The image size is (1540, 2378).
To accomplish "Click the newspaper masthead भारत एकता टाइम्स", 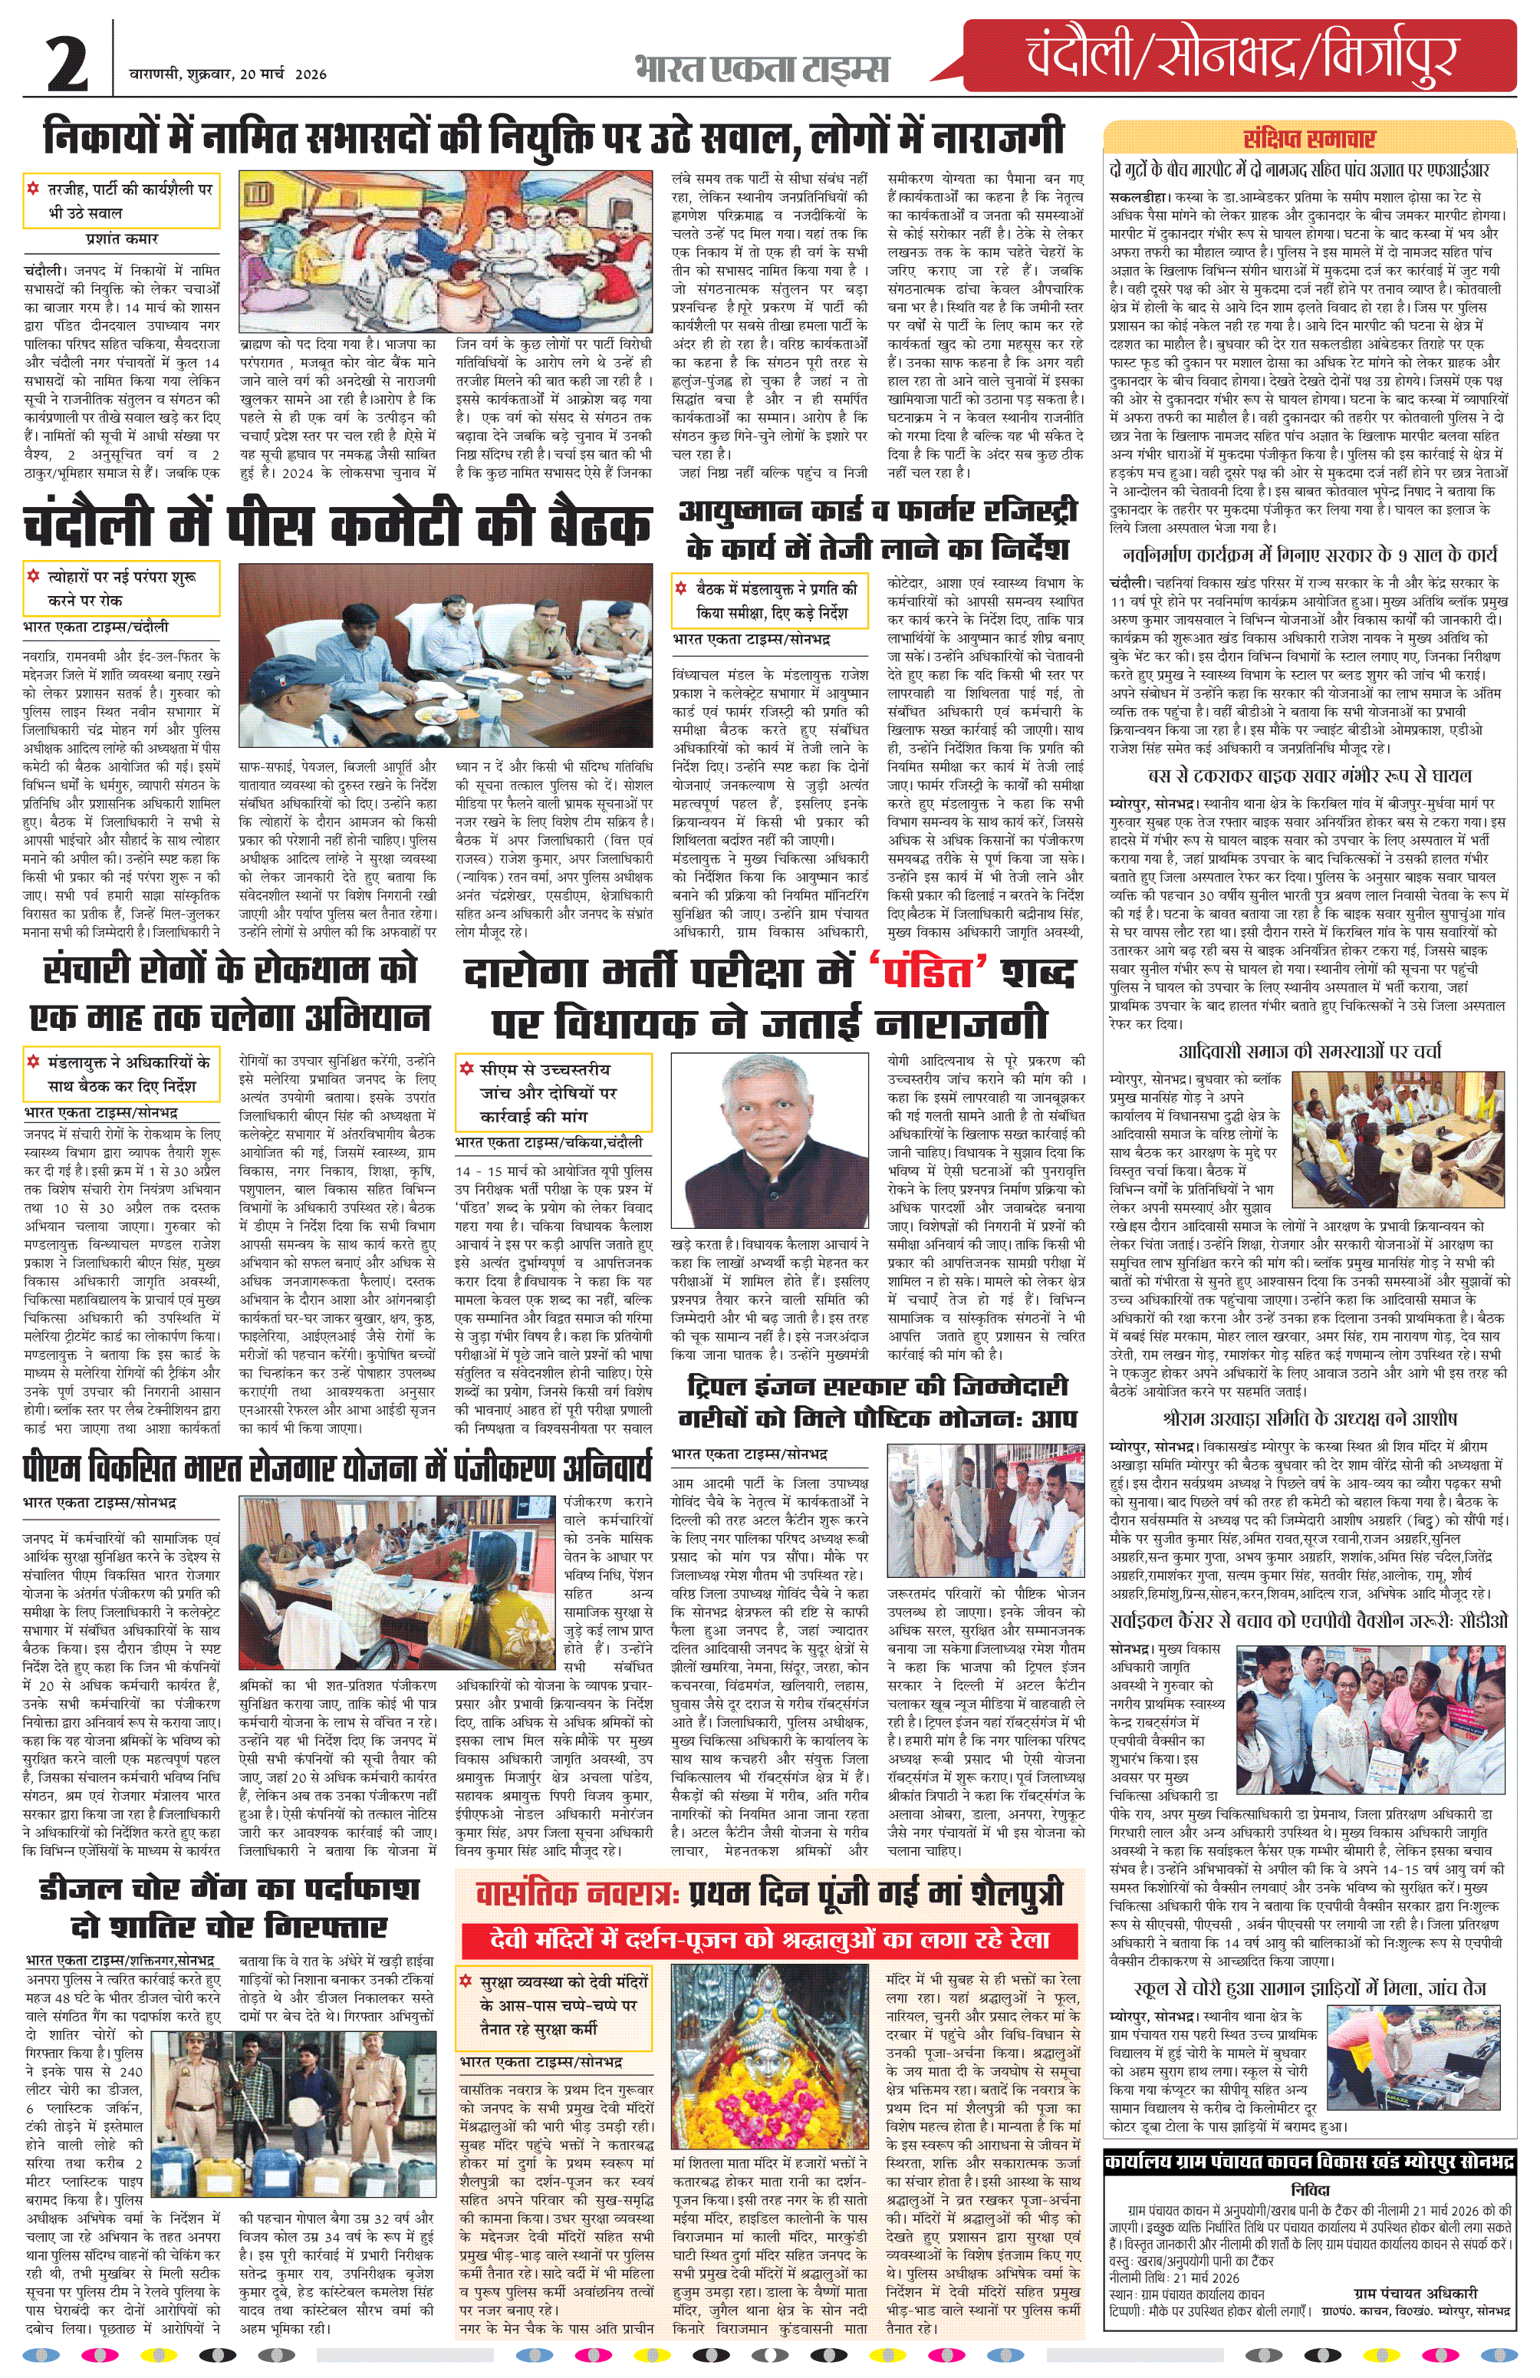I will tap(761, 70).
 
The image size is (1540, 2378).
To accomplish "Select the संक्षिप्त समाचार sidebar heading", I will tap(1308, 139).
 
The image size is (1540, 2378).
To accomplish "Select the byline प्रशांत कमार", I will tap(122, 240).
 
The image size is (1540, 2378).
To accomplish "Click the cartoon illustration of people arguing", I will tap(450, 255).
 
